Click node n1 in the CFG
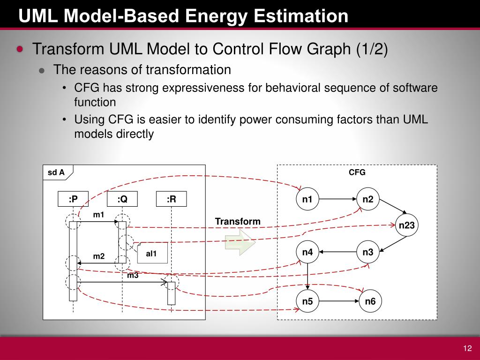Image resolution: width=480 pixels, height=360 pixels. (x=307, y=200)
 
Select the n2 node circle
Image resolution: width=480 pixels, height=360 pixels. (x=368, y=200)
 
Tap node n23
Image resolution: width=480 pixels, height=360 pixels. (x=406, y=225)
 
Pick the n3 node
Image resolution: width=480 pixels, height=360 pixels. (x=368, y=253)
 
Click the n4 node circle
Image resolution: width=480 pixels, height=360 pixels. (x=307, y=253)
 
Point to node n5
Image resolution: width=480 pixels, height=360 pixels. (x=307, y=301)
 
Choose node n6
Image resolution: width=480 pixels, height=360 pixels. (x=370, y=301)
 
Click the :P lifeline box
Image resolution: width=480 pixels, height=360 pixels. (x=73, y=199)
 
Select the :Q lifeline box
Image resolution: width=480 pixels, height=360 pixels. (x=122, y=199)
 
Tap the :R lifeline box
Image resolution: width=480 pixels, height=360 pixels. (x=171, y=199)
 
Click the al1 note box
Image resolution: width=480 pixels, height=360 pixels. (x=152, y=253)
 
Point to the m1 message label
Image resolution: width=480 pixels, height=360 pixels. (x=98, y=215)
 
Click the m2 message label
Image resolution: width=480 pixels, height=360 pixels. (x=98, y=256)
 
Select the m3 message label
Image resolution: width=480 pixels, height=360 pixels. (x=133, y=276)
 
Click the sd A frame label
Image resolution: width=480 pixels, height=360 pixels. (x=56, y=172)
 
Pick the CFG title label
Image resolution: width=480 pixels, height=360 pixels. (x=357, y=172)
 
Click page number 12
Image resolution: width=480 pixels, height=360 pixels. (x=467, y=348)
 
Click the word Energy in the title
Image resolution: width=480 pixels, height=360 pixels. (x=213, y=16)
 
